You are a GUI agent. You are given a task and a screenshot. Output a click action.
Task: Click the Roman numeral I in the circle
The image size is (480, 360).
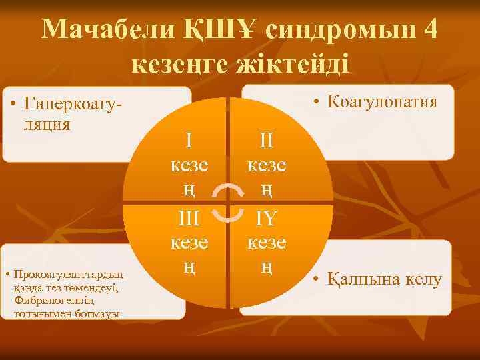click(190, 140)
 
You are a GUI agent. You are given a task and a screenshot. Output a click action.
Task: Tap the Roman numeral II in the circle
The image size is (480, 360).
click(267, 140)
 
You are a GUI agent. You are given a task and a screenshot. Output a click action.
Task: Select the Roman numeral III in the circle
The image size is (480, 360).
click(190, 218)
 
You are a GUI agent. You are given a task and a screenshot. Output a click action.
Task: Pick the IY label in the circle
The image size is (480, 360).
click(267, 218)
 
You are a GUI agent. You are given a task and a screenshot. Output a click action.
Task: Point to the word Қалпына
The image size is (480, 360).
click(366, 279)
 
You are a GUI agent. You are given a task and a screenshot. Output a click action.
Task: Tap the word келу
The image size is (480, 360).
click(425, 279)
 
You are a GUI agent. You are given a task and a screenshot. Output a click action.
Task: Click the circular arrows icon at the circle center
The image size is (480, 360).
click(229, 203)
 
